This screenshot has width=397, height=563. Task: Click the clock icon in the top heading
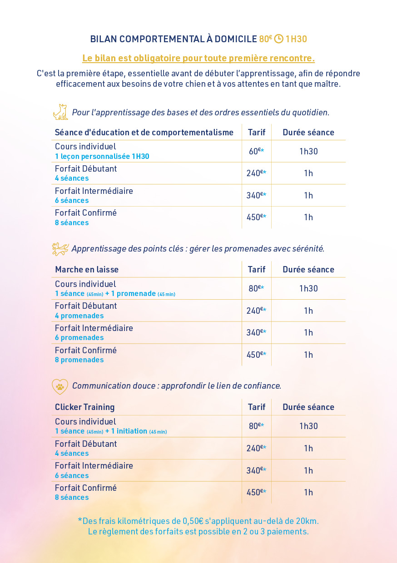(278, 39)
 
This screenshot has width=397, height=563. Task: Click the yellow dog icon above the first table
(60, 112)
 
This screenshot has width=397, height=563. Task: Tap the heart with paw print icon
(60, 386)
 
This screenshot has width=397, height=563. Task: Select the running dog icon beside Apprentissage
(60, 249)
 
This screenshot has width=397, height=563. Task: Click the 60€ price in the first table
(255, 151)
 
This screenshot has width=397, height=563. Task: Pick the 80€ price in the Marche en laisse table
(255, 288)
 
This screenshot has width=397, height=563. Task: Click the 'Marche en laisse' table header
(87, 269)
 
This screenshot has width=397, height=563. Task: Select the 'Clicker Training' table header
(85, 407)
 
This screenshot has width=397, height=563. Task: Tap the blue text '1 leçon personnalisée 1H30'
(102, 156)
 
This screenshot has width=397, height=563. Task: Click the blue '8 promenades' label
(79, 360)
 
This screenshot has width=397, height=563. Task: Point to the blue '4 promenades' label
(79, 316)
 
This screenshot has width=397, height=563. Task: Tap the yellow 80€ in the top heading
(265, 39)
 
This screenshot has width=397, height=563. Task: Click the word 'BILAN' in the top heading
(103, 39)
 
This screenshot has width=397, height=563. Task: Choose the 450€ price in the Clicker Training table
(255, 492)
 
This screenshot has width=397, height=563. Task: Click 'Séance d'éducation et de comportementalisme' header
(144, 133)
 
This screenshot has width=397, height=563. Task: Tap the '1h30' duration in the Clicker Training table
(308, 426)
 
